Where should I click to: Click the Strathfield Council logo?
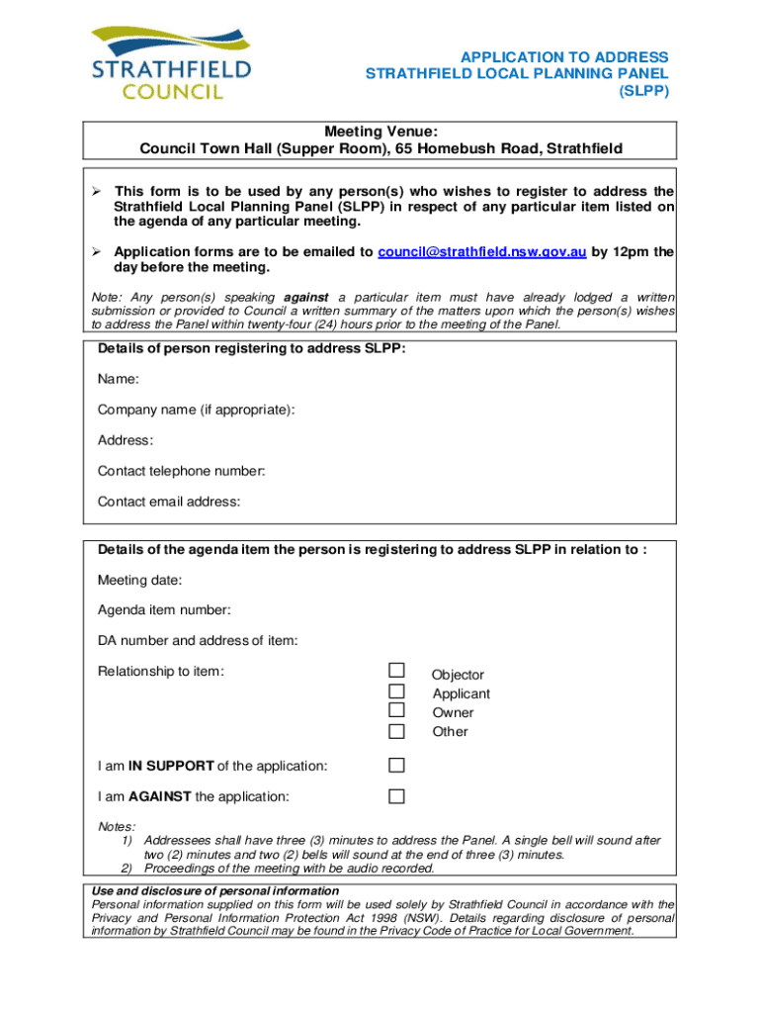172,61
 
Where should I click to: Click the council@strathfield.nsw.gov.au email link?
482,251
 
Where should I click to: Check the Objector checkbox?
396,672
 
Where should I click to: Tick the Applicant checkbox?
396,691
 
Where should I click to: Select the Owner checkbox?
396,710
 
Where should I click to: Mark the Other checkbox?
396,731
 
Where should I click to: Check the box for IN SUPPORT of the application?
396,765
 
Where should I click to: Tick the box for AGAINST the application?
396,795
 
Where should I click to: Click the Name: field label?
118,379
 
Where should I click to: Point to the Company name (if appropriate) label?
196,410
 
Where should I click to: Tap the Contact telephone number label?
181,471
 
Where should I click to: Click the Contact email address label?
168,502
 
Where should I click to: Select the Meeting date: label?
139,580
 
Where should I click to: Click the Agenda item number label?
164,609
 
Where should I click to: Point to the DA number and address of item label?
197,640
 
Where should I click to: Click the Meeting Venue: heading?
380,132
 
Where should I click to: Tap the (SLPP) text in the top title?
644,91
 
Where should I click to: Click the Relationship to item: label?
161,672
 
